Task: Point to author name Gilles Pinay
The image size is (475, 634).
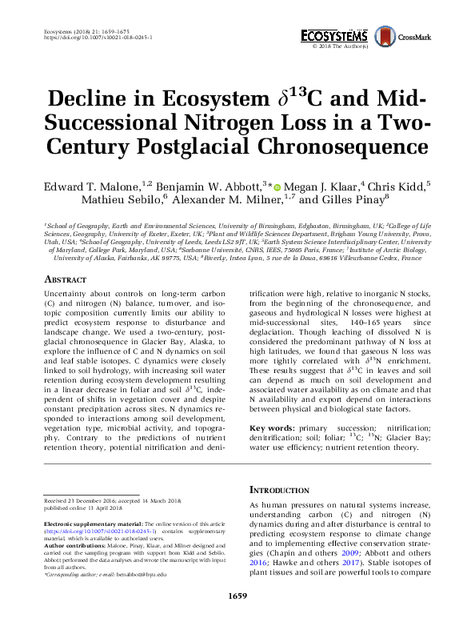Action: coord(353,200)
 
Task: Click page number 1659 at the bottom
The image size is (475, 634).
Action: coord(237,617)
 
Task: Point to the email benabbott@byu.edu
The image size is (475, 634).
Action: coord(141,574)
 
